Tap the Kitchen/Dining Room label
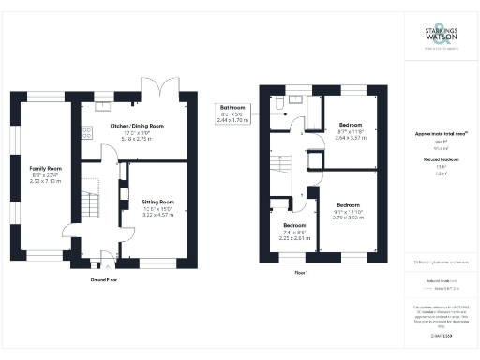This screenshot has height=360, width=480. coord(137,126)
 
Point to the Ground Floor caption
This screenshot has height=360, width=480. coord(103,278)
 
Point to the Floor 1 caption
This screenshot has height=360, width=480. coord(302,271)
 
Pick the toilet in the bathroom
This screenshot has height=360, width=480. coord(281,99)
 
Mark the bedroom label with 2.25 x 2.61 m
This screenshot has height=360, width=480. coord(293,225)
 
